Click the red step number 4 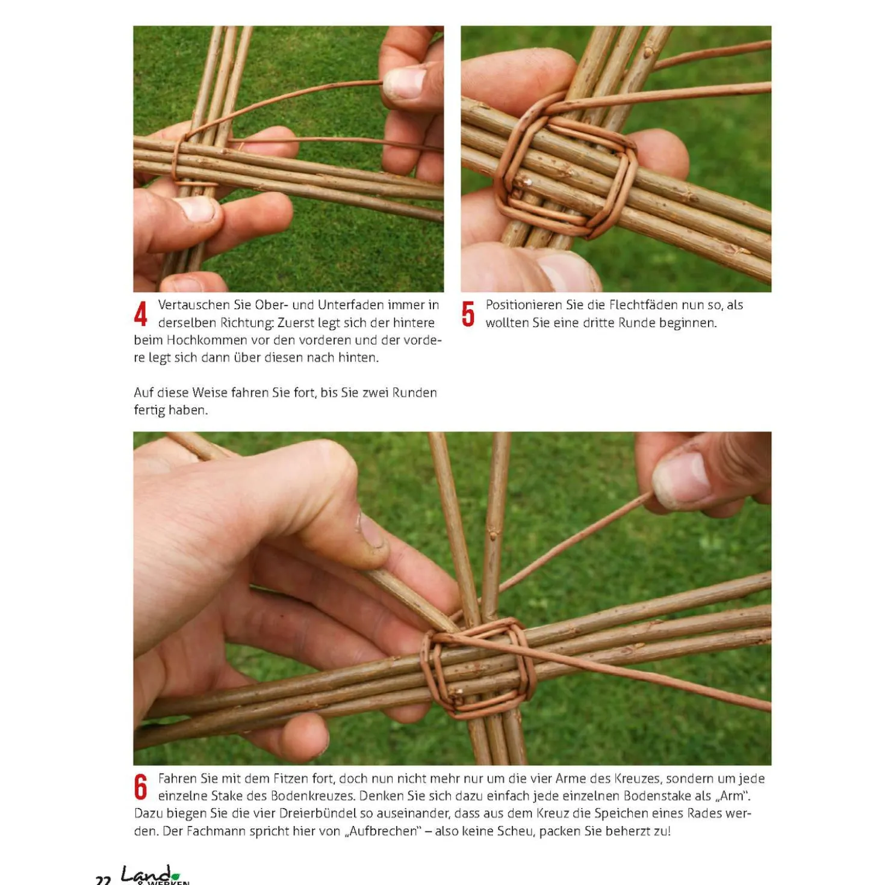click(x=141, y=314)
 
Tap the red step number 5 click(x=468, y=314)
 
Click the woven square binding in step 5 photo click(x=566, y=177)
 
